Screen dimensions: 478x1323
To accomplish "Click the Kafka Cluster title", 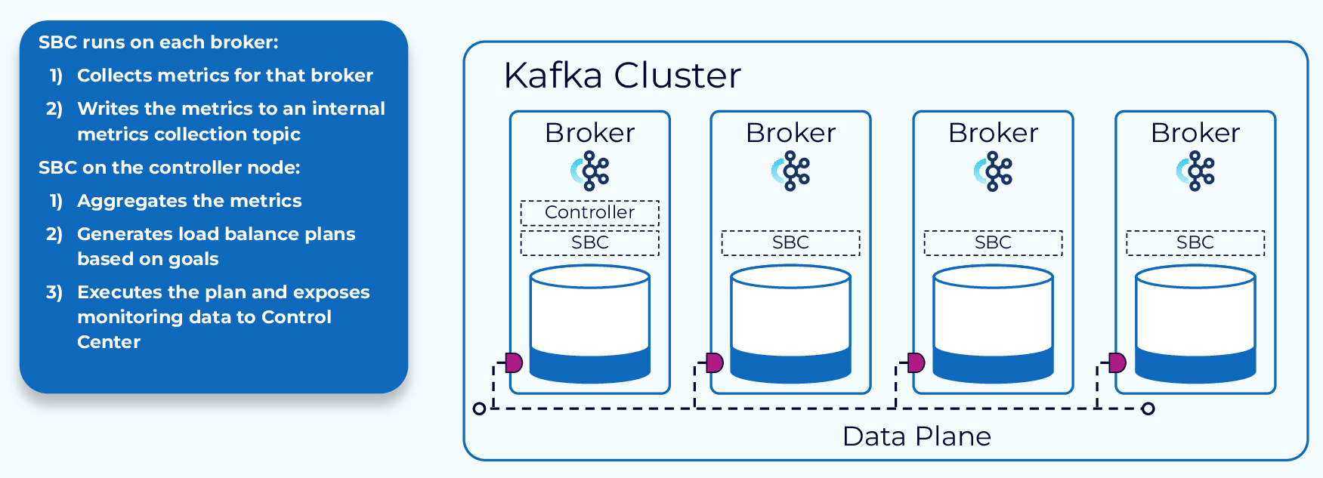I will [622, 76].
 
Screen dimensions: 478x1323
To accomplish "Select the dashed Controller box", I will [589, 212].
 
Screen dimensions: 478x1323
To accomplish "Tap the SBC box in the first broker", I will [589, 242].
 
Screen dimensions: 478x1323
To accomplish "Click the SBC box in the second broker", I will [790, 242].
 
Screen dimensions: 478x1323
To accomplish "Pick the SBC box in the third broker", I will [993, 242].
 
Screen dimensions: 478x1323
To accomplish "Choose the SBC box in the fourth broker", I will [1195, 242].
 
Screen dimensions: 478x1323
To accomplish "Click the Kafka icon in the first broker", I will [590, 171].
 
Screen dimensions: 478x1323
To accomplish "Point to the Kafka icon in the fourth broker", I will [1195, 171].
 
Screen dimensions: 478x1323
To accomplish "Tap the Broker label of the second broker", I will [790, 133].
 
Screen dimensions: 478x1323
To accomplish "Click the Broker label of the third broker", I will [993, 133].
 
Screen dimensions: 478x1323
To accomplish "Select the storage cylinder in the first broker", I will [589, 325].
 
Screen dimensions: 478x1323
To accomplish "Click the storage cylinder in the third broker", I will [993, 325].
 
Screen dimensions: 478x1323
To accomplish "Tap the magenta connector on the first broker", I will [514, 362].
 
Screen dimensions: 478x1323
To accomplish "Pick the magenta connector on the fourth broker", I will [1117, 362].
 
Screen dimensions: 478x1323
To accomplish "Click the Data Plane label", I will [917, 436].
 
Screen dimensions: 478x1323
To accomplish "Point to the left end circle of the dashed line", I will [479, 409].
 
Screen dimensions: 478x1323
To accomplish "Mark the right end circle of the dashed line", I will [1148, 409].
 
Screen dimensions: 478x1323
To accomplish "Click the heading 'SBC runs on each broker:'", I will [158, 42].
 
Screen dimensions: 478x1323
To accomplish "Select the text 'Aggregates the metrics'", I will [189, 201].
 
